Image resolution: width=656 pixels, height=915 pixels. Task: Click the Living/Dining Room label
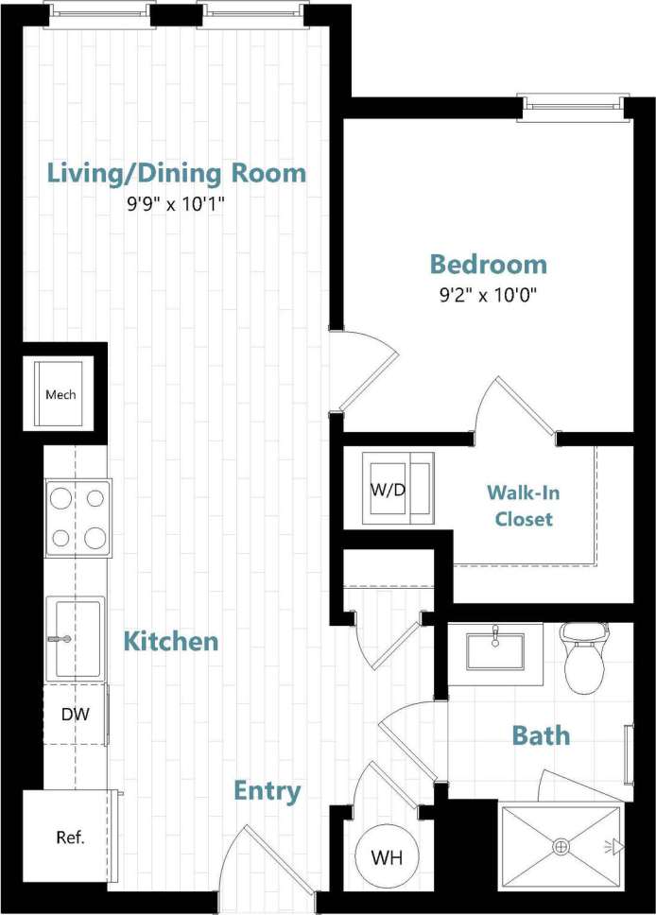click(177, 173)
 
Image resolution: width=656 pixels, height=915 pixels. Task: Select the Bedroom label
click(488, 264)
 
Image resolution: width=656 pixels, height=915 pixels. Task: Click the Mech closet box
click(61, 394)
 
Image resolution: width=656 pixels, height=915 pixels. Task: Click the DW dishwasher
click(76, 715)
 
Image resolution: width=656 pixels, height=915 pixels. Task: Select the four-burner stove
click(78, 518)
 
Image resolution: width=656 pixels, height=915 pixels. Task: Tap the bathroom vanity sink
click(494, 649)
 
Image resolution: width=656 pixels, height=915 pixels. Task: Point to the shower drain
click(561, 847)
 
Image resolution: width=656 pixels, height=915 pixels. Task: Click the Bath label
click(541, 735)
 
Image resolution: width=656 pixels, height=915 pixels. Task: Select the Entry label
click(268, 791)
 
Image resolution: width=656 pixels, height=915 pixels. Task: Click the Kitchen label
click(171, 642)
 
